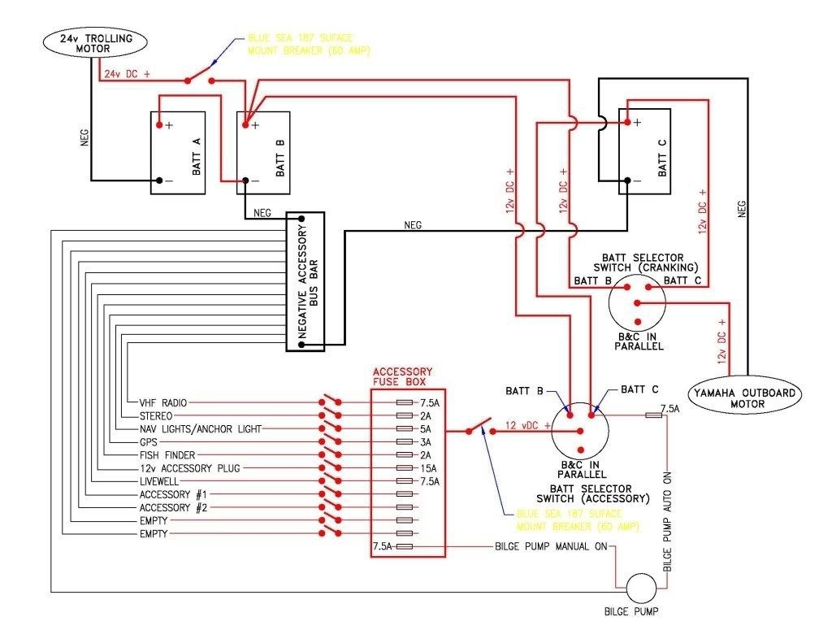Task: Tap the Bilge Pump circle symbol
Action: point(636,587)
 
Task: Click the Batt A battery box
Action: point(178,153)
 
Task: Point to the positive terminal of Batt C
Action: point(627,123)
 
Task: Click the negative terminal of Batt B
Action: point(245,180)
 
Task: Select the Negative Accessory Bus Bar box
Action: point(305,282)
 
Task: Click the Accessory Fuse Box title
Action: point(402,376)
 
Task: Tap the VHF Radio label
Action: point(162,403)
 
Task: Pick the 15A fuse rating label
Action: point(428,468)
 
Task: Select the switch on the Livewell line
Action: point(330,481)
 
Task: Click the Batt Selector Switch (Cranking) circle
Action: point(637,302)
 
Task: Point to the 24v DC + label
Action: point(127,74)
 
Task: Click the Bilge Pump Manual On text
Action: point(550,547)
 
